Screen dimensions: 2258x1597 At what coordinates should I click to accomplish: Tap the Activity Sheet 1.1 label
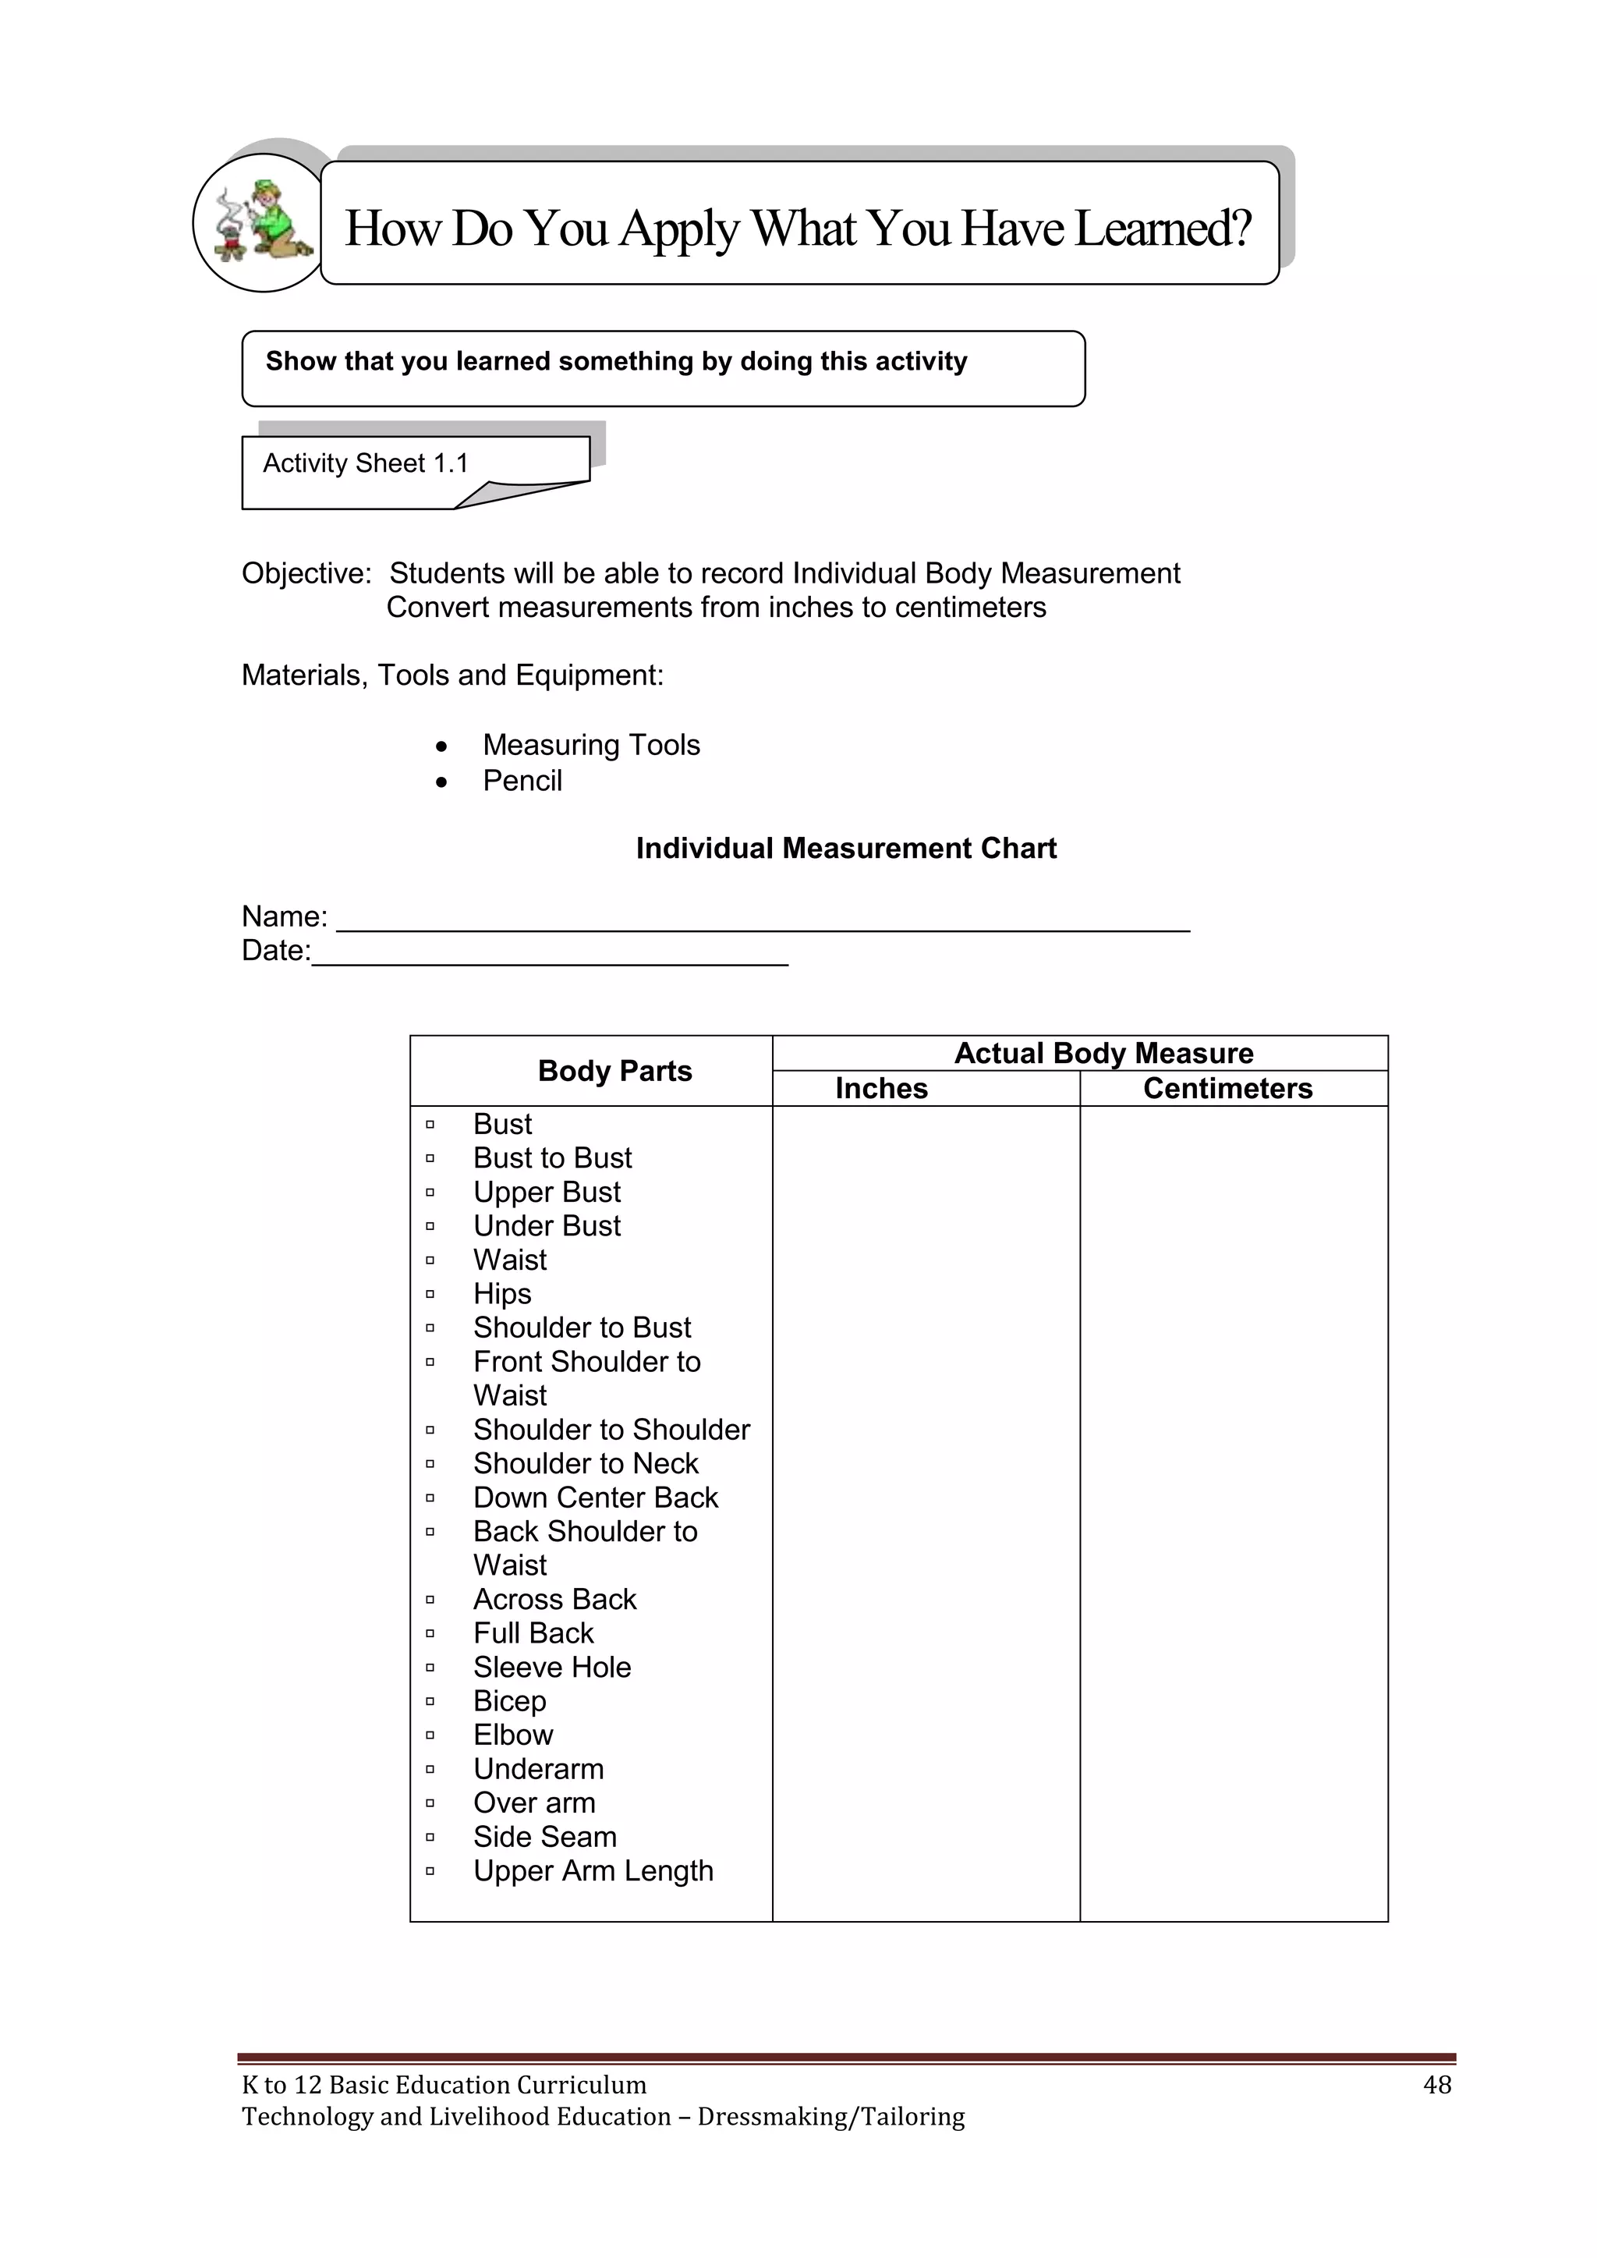pyautogui.click(x=366, y=463)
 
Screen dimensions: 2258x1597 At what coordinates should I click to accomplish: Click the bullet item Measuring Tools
pyautogui.click(x=591, y=746)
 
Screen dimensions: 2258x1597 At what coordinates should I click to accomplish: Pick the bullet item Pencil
pyautogui.click(x=522, y=781)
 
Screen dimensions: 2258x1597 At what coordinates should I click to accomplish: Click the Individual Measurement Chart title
pyautogui.click(x=846, y=849)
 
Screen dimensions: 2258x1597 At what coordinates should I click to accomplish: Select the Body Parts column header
pyautogui.click(x=614, y=1071)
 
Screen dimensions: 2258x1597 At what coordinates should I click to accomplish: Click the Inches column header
pyautogui.click(x=881, y=1089)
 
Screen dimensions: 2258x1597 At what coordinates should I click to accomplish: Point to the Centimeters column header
pyautogui.click(x=1227, y=1089)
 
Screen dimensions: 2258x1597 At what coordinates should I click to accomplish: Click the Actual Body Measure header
pyautogui.click(x=1103, y=1053)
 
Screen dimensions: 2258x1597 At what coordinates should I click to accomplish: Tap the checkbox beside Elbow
pyautogui.click(x=430, y=1735)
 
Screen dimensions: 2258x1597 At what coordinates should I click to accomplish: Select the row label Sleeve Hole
pyautogui.click(x=551, y=1667)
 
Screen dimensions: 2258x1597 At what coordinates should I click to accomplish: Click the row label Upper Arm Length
pyautogui.click(x=593, y=1870)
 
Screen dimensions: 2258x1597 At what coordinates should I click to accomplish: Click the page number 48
pyautogui.click(x=1436, y=2085)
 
